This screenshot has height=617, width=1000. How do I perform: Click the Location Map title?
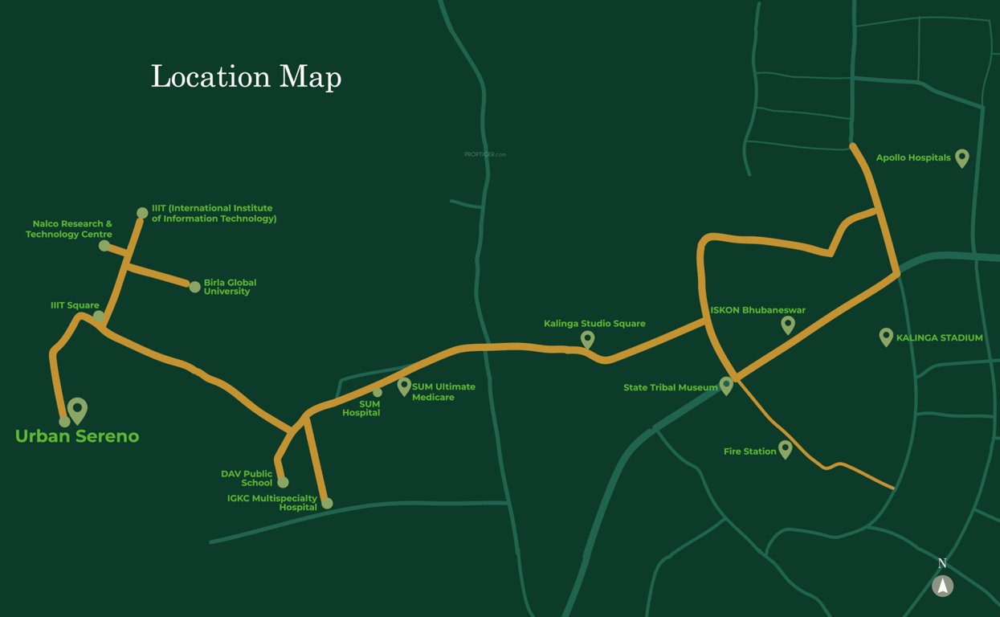click(x=246, y=77)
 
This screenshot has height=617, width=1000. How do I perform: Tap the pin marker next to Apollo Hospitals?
click(x=961, y=157)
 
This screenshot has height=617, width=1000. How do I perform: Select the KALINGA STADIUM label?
click(x=939, y=338)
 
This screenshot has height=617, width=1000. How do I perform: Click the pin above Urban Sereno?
click(x=77, y=410)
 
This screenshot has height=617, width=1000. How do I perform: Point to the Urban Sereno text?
click(x=77, y=436)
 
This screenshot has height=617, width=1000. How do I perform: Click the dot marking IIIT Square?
click(x=99, y=316)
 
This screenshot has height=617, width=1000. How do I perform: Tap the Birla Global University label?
click(x=230, y=287)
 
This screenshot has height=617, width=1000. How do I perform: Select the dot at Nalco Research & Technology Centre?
click(x=104, y=245)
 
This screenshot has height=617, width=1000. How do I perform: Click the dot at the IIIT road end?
click(x=142, y=213)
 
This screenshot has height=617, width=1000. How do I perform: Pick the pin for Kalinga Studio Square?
click(x=587, y=339)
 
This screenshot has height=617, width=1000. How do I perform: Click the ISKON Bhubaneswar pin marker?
click(x=788, y=324)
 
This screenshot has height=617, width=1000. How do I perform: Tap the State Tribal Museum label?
click(x=670, y=388)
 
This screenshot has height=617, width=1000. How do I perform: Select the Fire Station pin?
click(x=785, y=449)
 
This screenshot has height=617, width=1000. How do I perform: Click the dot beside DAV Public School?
click(x=283, y=482)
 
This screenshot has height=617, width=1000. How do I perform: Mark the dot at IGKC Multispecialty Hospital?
click(x=327, y=503)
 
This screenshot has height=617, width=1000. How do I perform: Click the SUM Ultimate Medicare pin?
click(x=404, y=386)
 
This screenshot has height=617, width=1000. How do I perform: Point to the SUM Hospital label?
click(x=361, y=408)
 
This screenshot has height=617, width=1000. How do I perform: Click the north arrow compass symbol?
click(x=942, y=586)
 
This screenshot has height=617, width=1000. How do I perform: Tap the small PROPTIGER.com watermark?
click(x=485, y=154)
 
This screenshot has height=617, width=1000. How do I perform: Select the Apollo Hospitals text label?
click(x=912, y=158)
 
